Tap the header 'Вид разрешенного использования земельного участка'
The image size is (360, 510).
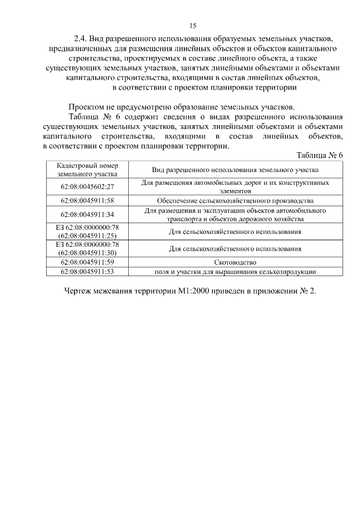tap(235, 170)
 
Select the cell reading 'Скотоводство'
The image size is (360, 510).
tap(235, 262)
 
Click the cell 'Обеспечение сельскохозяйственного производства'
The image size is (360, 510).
tap(235, 200)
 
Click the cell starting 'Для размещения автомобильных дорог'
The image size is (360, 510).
tap(235, 187)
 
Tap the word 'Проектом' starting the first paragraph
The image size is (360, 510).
tap(86, 107)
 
